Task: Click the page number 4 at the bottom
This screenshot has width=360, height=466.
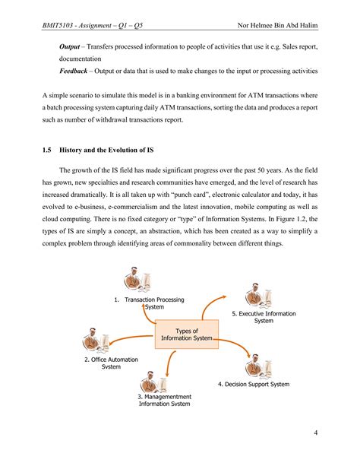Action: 314,433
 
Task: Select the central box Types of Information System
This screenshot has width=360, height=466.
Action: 186,335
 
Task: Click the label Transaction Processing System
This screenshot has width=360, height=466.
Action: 154,303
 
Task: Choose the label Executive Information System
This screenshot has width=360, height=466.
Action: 264,317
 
